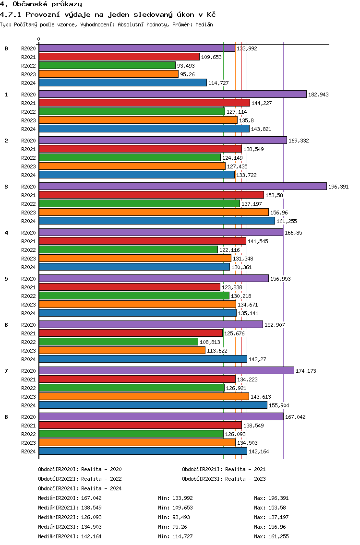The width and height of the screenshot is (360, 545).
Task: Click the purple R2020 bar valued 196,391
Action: pos(182,186)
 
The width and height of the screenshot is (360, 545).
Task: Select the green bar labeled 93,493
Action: pos(107,65)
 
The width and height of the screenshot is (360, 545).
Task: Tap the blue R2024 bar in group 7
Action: pos(153,405)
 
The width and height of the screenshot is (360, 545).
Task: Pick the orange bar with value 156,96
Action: pos(154,212)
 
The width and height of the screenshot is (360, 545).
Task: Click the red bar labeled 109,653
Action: pos(119,57)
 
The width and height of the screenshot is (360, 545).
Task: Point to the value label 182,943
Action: pos(318,95)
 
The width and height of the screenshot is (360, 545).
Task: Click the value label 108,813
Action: pos(210,342)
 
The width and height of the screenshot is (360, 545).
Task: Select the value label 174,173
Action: pos(306,371)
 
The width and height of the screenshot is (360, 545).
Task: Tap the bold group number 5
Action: pos(6,278)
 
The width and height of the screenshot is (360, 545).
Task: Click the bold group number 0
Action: pos(6,48)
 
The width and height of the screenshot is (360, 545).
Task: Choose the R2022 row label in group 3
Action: pos(29,204)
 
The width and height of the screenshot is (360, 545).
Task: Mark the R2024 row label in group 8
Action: pos(29,451)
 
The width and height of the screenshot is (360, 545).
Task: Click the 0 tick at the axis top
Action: pos(39,39)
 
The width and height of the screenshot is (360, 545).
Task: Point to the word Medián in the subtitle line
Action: pos(204,24)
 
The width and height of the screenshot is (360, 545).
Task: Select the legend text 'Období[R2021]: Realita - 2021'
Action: pos(224,469)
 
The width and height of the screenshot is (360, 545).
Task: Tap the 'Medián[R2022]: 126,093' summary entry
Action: pos(70,517)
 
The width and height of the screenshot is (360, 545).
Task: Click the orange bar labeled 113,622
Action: pos(122,350)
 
